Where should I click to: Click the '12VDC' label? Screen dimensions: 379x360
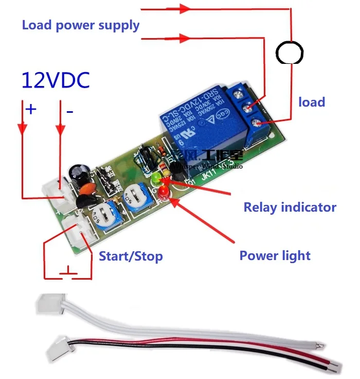click(56, 80)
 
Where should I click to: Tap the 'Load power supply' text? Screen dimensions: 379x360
click(81, 25)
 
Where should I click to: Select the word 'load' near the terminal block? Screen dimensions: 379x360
click(312, 102)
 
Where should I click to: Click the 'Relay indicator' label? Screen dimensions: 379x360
click(290, 208)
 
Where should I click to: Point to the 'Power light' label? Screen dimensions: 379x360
click(275, 255)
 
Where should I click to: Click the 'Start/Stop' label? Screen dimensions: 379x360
click(131, 256)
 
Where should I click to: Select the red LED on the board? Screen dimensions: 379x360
click(164, 193)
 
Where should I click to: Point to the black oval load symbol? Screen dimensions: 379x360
click(290, 51)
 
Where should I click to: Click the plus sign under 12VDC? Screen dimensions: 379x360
click(31, 109)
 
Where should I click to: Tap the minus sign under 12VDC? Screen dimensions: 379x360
click(69, 110)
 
